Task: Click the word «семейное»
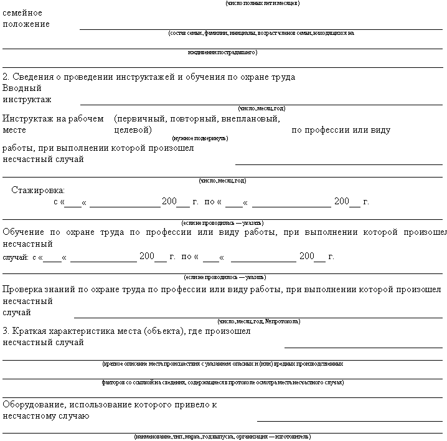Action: pos(22,12)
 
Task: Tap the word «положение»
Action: pos(26,24)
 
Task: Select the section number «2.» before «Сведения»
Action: pos(6,77)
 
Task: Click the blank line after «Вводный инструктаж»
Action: pos(261,103)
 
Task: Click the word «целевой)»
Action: pos(133,130)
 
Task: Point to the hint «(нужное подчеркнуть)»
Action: pos(200,138)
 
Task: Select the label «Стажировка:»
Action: pos(38,190)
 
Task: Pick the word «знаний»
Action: pos(67,289)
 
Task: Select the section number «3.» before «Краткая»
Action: pos(6,331)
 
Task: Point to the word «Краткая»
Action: pos(31,331)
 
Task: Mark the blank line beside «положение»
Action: pos(261,29)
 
